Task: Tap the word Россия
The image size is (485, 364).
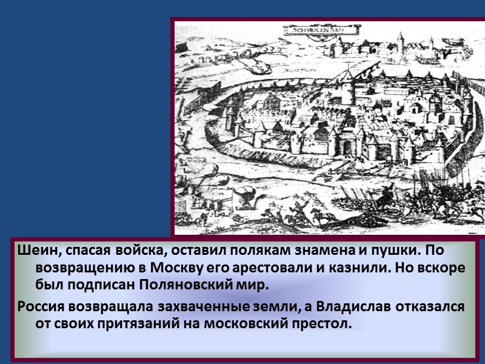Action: [40, 306]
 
